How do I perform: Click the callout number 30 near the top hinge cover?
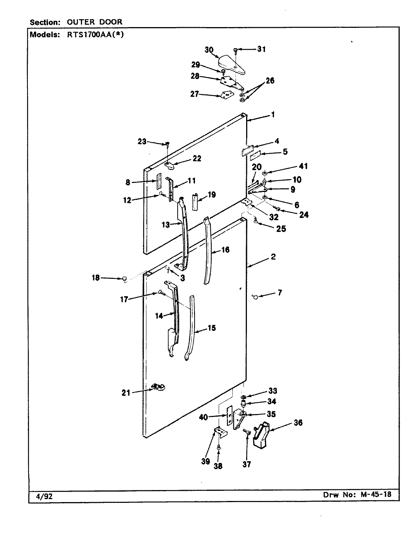pyautogui.click(x=209, y=50)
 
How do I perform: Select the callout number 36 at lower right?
pyautogui.click(x=297, y=423)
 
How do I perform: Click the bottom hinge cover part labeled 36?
pyautogui.click(x=262, y=435)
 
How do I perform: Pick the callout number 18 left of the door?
pyautogui.click(x=96, y=278)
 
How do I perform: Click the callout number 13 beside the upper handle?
pyautogui.click(x=166, y=225)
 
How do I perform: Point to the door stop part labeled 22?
pyautogui.click(x=172, y=165)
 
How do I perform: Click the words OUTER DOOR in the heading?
pyautogui.click(x=94, y=22)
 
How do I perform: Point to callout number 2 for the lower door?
pyautogui.click(x=273, y=257)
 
